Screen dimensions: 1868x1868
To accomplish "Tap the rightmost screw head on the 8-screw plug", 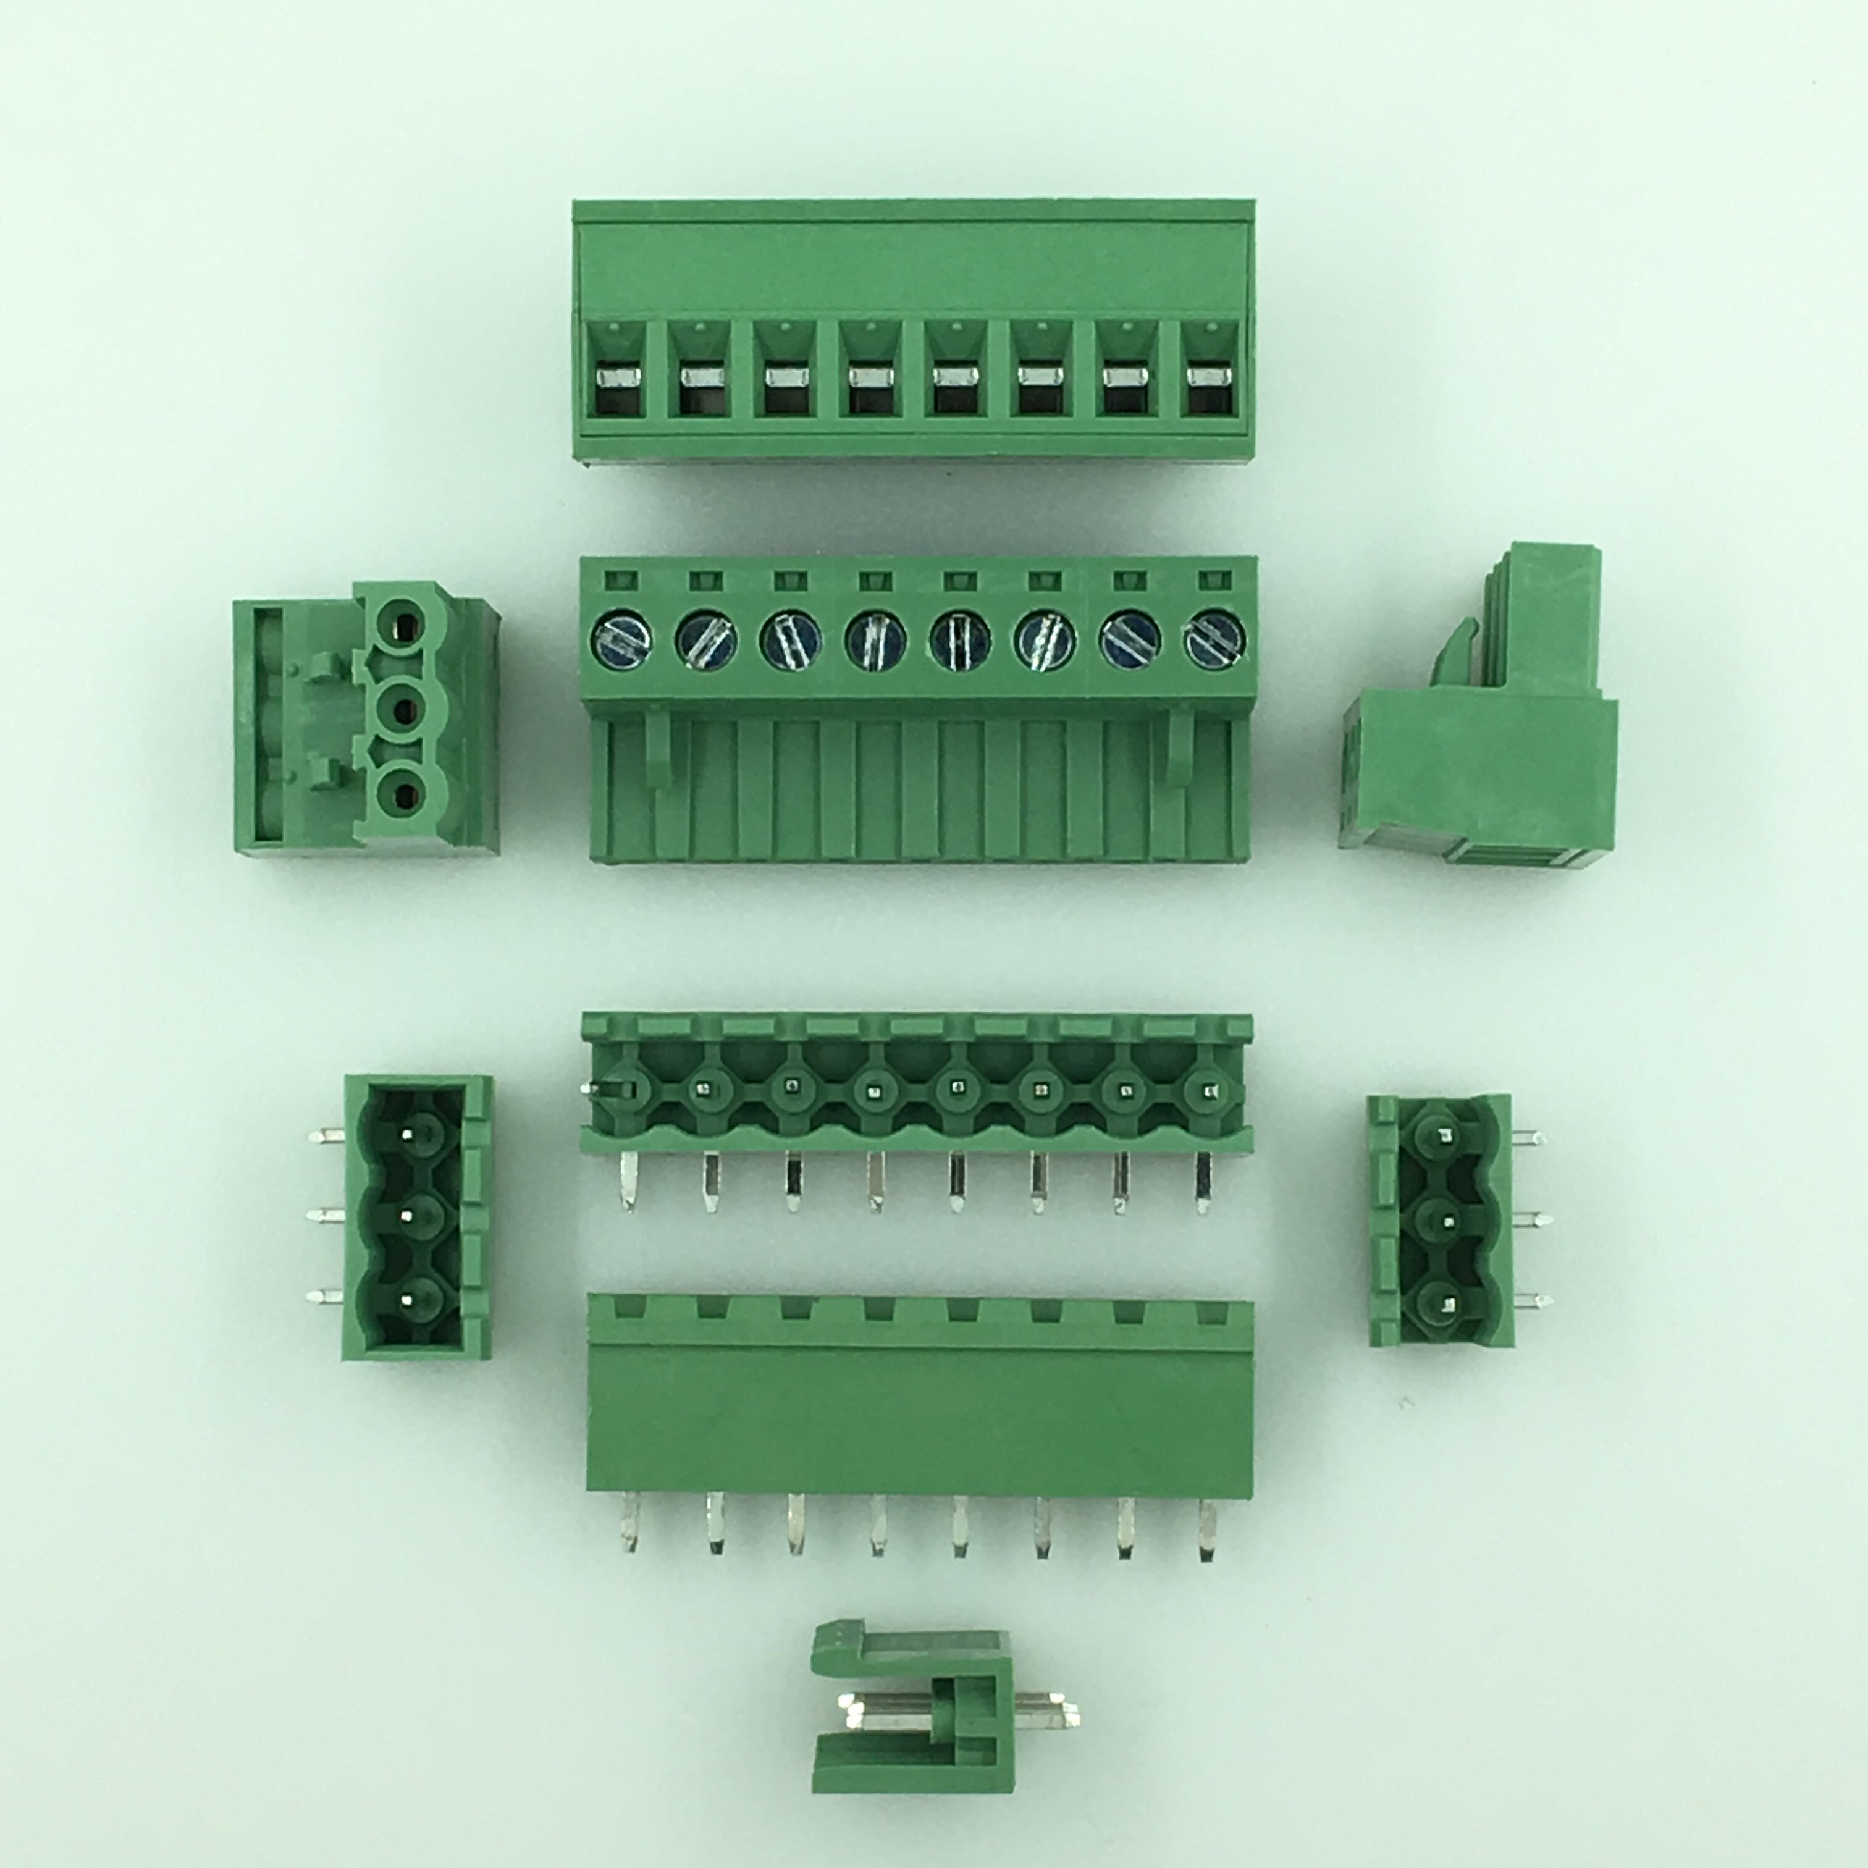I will tap(1215, 640).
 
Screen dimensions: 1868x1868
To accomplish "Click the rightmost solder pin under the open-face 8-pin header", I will tap(1204, 1182).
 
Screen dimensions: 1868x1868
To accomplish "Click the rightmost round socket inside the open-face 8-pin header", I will tap(1206, 1091).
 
